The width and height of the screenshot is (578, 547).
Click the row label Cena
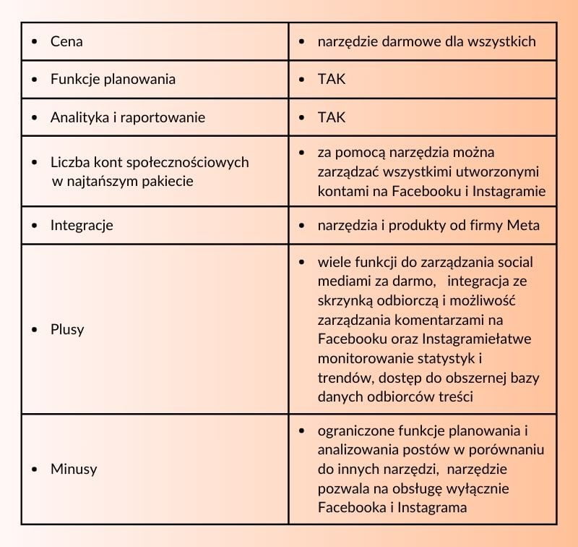pyautogui.click(x=66, y=41)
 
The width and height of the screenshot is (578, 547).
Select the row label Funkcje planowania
pyautogui.click(x=113, y=79)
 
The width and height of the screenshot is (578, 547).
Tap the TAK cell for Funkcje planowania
pyautogui.click(x=332, y=79)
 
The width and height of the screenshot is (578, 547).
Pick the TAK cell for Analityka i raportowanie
pyautogui.click(x=332, y=116)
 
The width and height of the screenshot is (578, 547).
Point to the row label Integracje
pyautogui.click(x=82, y=225)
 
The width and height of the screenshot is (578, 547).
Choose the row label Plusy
pyautogui.click(x=67, y=329)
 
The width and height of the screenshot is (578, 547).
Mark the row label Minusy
pyautogui.click(x=74, y=469)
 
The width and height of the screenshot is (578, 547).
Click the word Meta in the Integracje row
pyautogui.click(x=523, y=225)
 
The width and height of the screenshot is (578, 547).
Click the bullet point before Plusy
pyautogui.click(x=35, y=329)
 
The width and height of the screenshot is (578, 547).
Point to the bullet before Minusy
pyautogui.click(x=35, y=469)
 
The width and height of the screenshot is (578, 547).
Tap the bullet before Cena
pyautogui.click(x=35, y=41)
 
